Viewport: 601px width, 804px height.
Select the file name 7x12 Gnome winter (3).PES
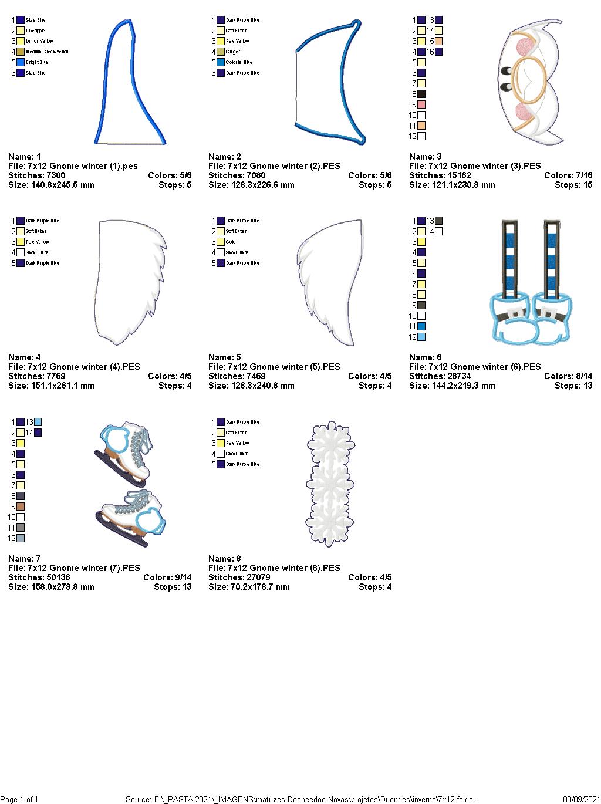[475, 166]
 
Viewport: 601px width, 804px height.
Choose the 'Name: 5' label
[225, 357]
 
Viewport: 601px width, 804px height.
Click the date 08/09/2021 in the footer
[580, 799]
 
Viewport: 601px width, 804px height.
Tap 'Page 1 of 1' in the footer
[20, 799]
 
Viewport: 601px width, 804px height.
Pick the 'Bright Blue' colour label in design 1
[36, 62]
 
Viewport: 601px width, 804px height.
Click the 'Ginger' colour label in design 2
[232, 52]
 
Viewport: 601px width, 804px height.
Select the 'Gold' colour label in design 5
[231, 242]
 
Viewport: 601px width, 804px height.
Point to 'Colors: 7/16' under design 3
[568, 175]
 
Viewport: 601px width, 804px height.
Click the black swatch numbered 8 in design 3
[421, 94]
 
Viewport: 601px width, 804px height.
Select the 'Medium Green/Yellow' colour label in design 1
[47, 52]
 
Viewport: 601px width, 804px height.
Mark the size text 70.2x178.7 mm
[249, 587]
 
